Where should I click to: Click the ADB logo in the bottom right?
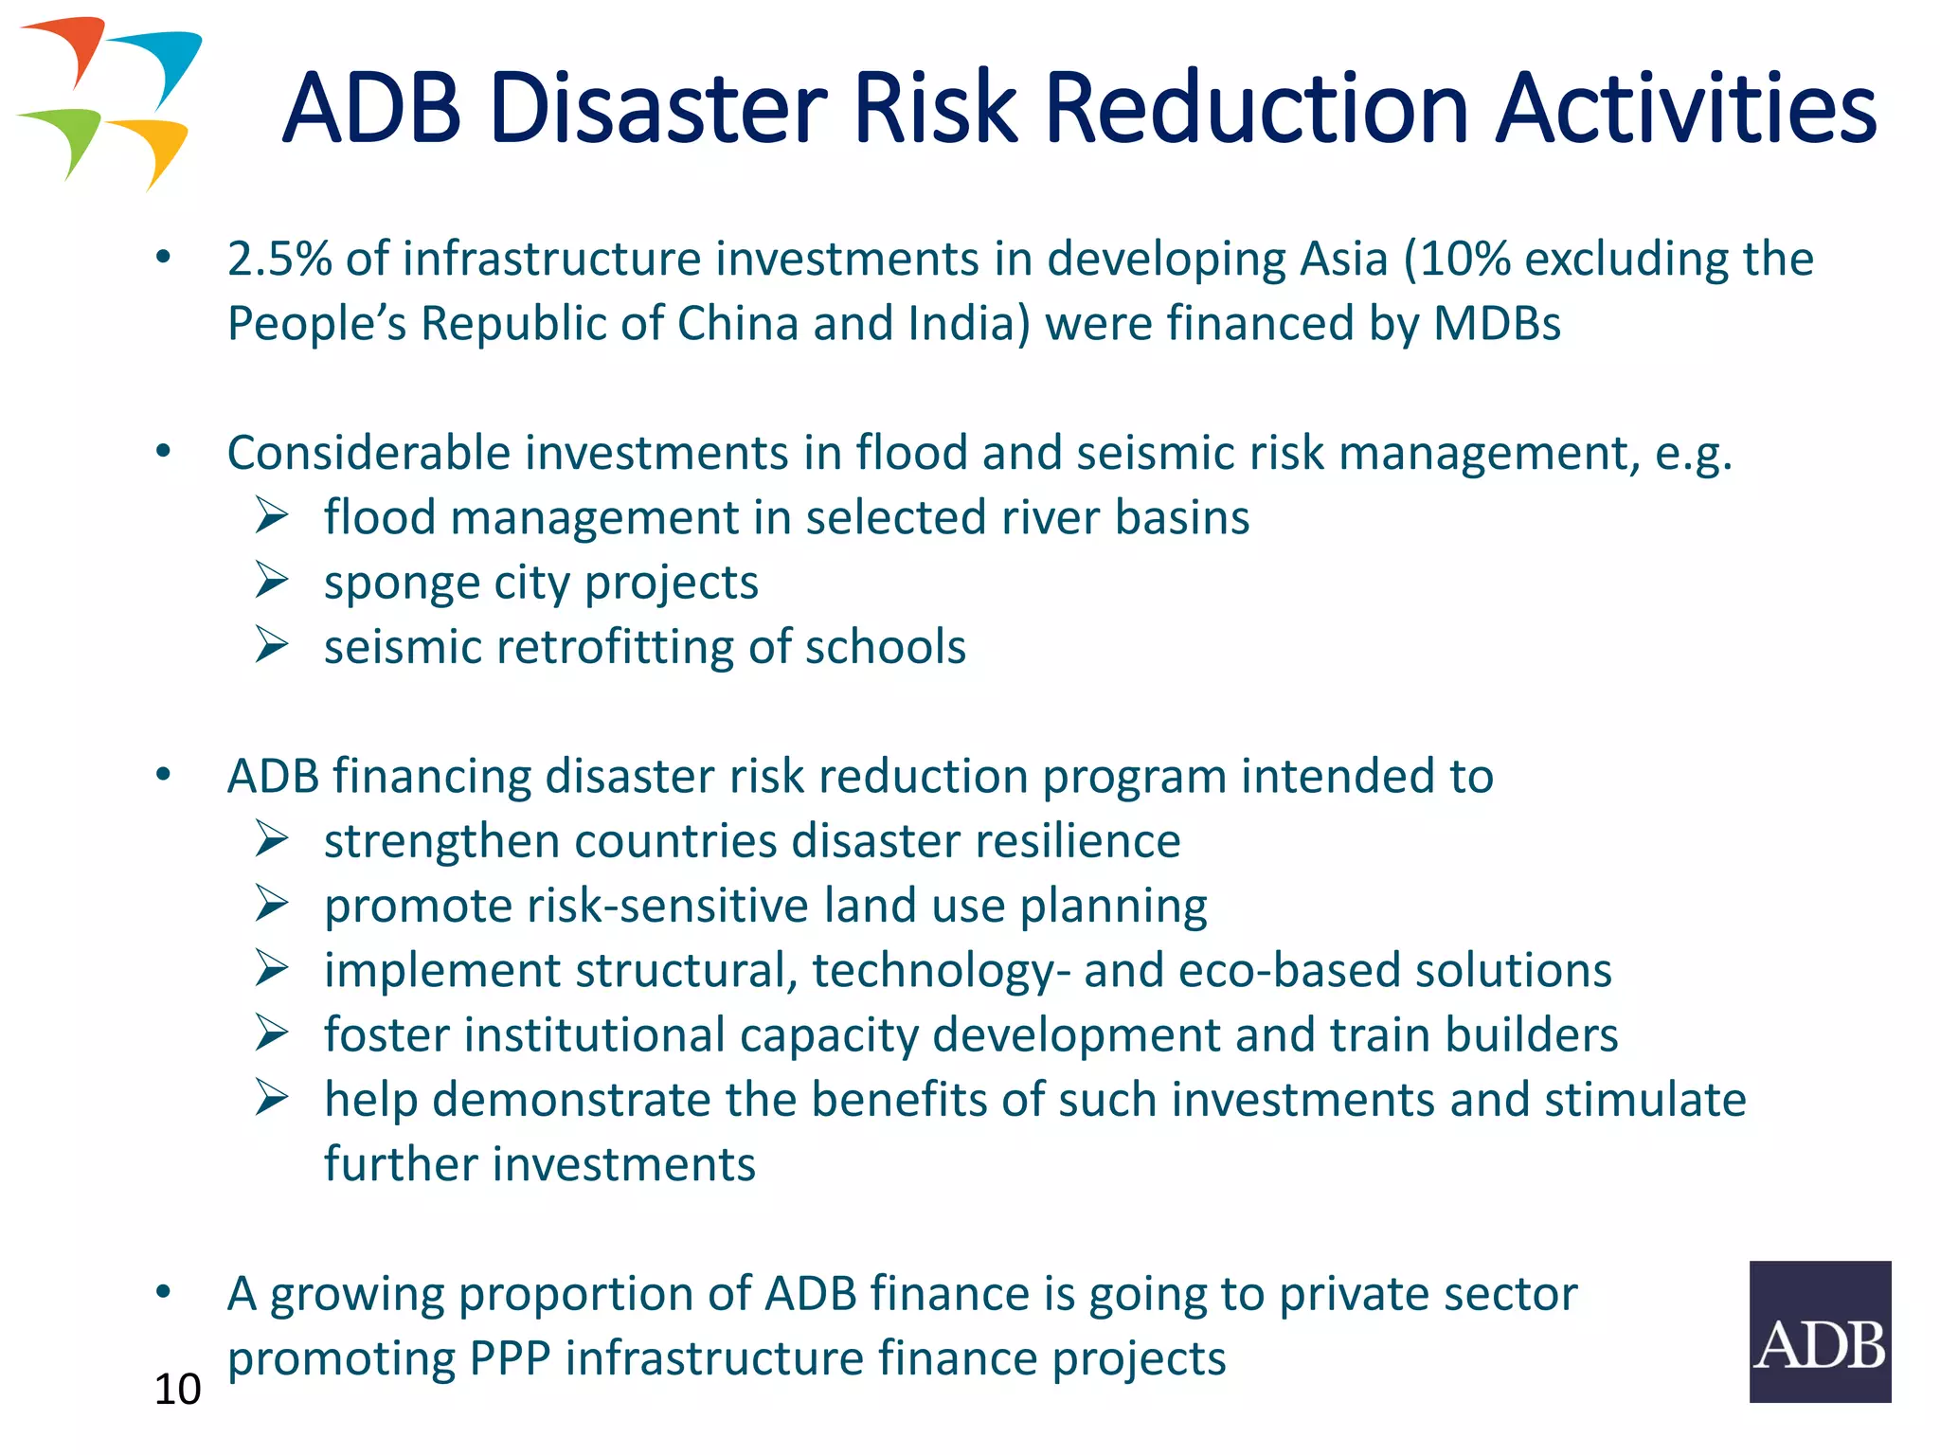click(x=1819, y=1331)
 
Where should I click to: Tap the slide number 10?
click(x=177, y=1390)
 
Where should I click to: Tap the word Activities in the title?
click(x=1686, y=109)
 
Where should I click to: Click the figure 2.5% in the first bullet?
click(x=279, y=260)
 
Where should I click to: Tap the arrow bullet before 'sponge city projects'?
click(x=272, y=581)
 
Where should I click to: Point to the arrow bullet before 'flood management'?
click(x=272, y=516)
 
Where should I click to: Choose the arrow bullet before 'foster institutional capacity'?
click(x=272, y=1033)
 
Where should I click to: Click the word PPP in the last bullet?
click(x=511, y=1358)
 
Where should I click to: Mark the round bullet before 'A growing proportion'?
click(x=164, y=1291)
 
